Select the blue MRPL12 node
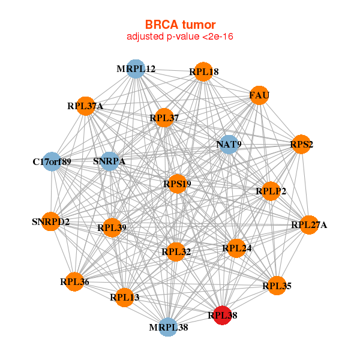pos(136,69)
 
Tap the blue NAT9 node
pos(228,145)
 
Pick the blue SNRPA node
pos(109,161)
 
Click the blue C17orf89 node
pos(52,161)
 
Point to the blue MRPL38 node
pos(168,327)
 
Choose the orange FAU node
pos(259,95)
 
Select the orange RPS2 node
pos(301,145)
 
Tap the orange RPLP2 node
pos(271,191)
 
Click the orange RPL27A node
pos(308,225)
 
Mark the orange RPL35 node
pos(276,285)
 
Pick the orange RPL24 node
pos(236,248)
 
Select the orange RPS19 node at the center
pos(176,184)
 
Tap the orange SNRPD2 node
pos(51,222)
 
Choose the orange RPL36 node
pos(74,281)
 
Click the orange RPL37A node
pos(86,106)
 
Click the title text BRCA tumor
pos(179,25)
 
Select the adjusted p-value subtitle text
pos(179,37)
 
